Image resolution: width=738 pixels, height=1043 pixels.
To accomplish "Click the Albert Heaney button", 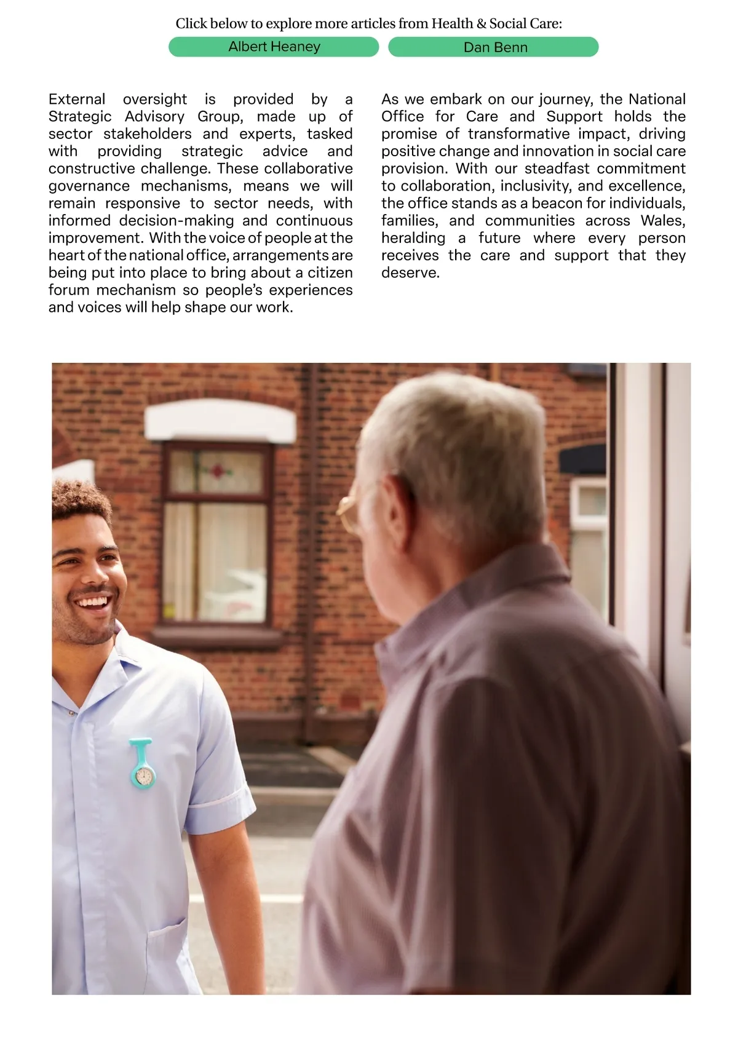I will (x=274, y=47).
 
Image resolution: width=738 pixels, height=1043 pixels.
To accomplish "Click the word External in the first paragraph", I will (x=77, y=99).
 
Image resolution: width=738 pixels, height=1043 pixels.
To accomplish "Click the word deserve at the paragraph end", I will (x=410, y=273).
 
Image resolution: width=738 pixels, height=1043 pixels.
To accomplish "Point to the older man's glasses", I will (x=349, y=512).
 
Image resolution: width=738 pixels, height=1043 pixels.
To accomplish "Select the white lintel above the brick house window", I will (x=220, y=421).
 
